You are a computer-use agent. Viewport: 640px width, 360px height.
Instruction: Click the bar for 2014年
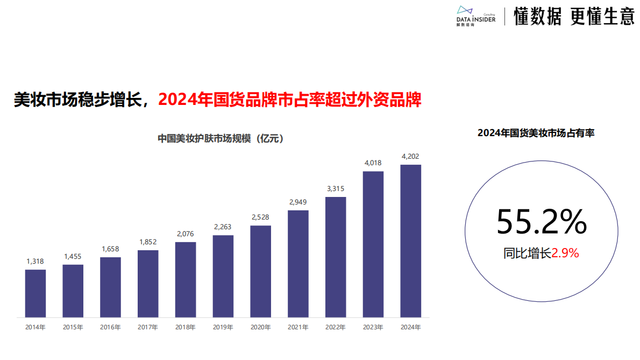[x=35, y=293]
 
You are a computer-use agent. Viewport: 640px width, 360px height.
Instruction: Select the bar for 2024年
[x=411, y=241]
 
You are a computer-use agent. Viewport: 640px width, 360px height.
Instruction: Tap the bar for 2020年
[x=261, y=271]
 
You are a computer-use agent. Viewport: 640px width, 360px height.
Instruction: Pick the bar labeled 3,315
[x=336, y=257]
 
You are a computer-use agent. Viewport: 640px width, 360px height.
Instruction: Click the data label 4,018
[x=373, y=163]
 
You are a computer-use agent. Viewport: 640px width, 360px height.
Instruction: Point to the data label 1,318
[x=35, y=261]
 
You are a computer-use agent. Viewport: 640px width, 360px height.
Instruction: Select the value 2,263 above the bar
[x=223, y=227]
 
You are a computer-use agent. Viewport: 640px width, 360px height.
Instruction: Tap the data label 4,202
[x=411, y=156]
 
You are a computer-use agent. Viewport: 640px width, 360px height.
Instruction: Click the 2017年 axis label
[x=148, y=327]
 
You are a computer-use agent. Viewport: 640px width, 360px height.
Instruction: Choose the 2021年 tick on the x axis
[x=298, y=327]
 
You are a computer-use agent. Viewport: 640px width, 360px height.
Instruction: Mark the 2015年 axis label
[x=73, y=327]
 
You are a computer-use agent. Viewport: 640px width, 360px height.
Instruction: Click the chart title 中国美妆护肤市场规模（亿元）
[x=221, y=138]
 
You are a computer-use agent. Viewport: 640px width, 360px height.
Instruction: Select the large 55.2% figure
[x=541, y=222]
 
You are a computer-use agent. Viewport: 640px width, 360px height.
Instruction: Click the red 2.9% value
[x=565, y=253]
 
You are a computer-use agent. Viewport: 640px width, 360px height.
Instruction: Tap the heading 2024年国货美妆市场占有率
[x=536, y=133]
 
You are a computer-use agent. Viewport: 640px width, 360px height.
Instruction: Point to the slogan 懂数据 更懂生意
[x=574, y=17]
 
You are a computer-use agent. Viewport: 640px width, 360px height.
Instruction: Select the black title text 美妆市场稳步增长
[x=78, y=100]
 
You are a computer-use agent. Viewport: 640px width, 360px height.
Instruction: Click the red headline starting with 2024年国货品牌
[x=290, y=100]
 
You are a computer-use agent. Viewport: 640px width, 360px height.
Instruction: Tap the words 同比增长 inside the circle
[x=528, y=253]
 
